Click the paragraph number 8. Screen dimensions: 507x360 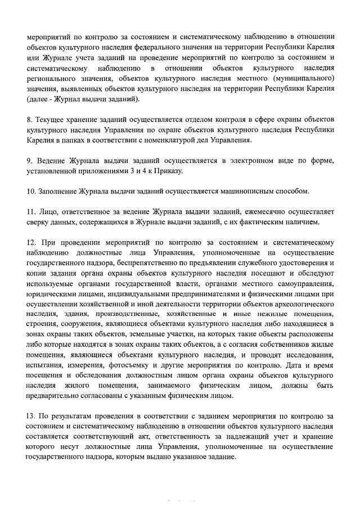tap(29, 120)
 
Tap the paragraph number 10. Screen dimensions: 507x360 tap(31, 191)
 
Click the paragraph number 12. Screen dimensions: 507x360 tap(31, 242)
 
